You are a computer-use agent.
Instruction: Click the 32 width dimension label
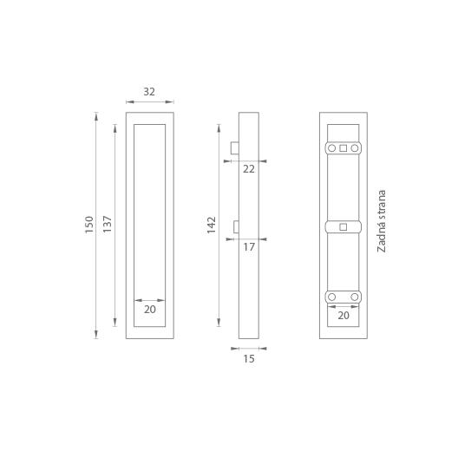(149, 92)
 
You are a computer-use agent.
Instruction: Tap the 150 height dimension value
(89, 225)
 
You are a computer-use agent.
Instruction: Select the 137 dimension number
(108, 224)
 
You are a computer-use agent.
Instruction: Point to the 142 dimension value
(212, 225)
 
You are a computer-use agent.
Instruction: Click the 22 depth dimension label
(249, 169)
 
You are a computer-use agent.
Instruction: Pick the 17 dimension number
(249, 247)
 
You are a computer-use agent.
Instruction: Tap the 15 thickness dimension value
(249, 359)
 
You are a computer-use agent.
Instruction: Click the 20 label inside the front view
(150, 310)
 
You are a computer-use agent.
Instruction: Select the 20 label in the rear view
(343, 316)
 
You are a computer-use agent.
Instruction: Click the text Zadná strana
(381, 221)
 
